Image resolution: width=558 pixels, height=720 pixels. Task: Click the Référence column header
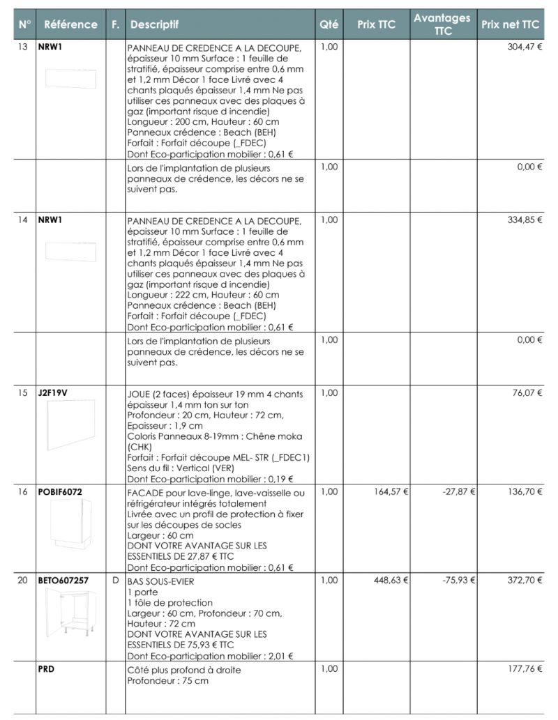pos(70,24)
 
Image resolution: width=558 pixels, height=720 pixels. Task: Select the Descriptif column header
pos(154,24)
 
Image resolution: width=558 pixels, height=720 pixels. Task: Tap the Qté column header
pos(329,24)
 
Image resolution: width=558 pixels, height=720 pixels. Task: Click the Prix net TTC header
pos(511,24)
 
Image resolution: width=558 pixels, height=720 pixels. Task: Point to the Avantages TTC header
pos(442,24)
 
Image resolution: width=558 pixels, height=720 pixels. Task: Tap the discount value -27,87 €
pos(459,491)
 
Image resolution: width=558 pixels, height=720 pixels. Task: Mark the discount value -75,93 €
pos(459,579)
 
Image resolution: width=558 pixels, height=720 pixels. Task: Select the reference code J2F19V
pos(53,393)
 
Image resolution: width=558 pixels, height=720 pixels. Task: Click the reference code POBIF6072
pos(60,491)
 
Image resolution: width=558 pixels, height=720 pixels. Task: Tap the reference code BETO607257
pos(63,579)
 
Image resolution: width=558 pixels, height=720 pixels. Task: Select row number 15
pos(23,393)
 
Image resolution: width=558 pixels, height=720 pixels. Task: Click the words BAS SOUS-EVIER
pos(160,581)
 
